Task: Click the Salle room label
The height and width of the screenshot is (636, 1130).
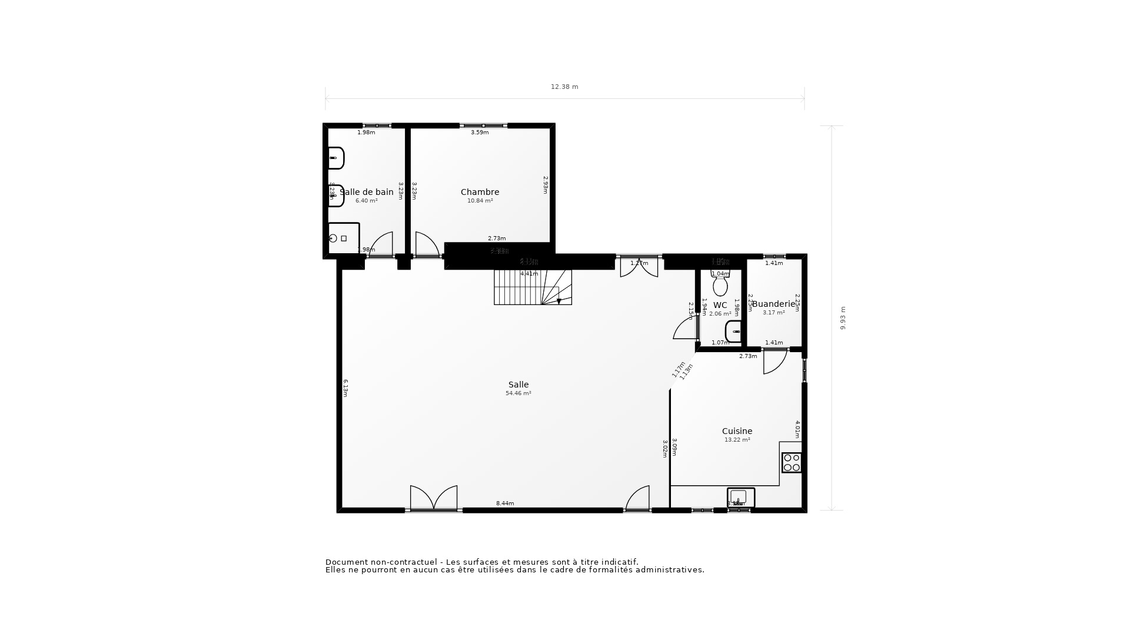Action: pyautogui.click(x=519, y=385)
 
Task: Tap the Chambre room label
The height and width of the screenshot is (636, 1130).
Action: pyautogui.click(x=480, y=192)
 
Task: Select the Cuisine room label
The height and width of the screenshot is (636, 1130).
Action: pyautogui.click(x=737, y=431)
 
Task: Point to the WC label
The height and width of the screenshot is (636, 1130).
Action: pyautogui.click(x=720, y=305)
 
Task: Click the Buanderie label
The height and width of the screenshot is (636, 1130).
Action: pyautogui.click(x=774, y=304)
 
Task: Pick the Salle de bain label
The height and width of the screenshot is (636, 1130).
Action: pyautogui.click(x=367, y=192)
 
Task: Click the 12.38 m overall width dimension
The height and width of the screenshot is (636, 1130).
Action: pyautogui.click(x=564, y=87)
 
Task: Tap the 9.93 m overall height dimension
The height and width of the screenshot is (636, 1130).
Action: pyautogui.click(x=843, y=318)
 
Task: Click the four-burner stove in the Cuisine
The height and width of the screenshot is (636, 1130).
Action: pyautogui.click(x=791, y=462)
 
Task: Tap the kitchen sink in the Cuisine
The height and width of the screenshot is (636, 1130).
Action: pyautogui.click(x=740, y=497)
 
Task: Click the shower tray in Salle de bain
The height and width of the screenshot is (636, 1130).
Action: pyautogui.click(x=343, y=238)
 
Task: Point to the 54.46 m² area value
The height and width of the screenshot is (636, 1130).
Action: pyautogui.click(x=519, y=393)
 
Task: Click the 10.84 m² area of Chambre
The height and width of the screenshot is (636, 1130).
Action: pyautogui.click(x=480, y=201)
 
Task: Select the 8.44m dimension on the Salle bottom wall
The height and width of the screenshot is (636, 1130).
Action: pyautogui.click(x=505, y=503)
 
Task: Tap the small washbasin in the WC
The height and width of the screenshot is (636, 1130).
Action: pyautogui.click(x=734, y=332)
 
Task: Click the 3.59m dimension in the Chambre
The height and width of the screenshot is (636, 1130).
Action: pyautogui.click(x=480, y=132)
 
